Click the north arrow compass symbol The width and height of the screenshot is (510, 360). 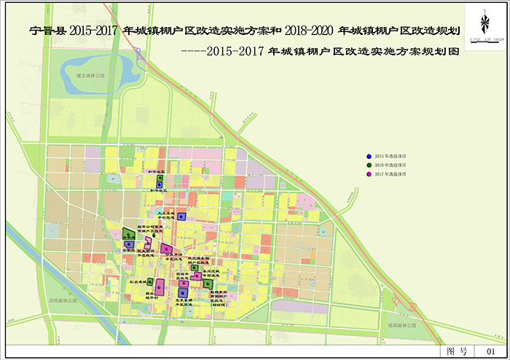[x=483, y=23]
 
